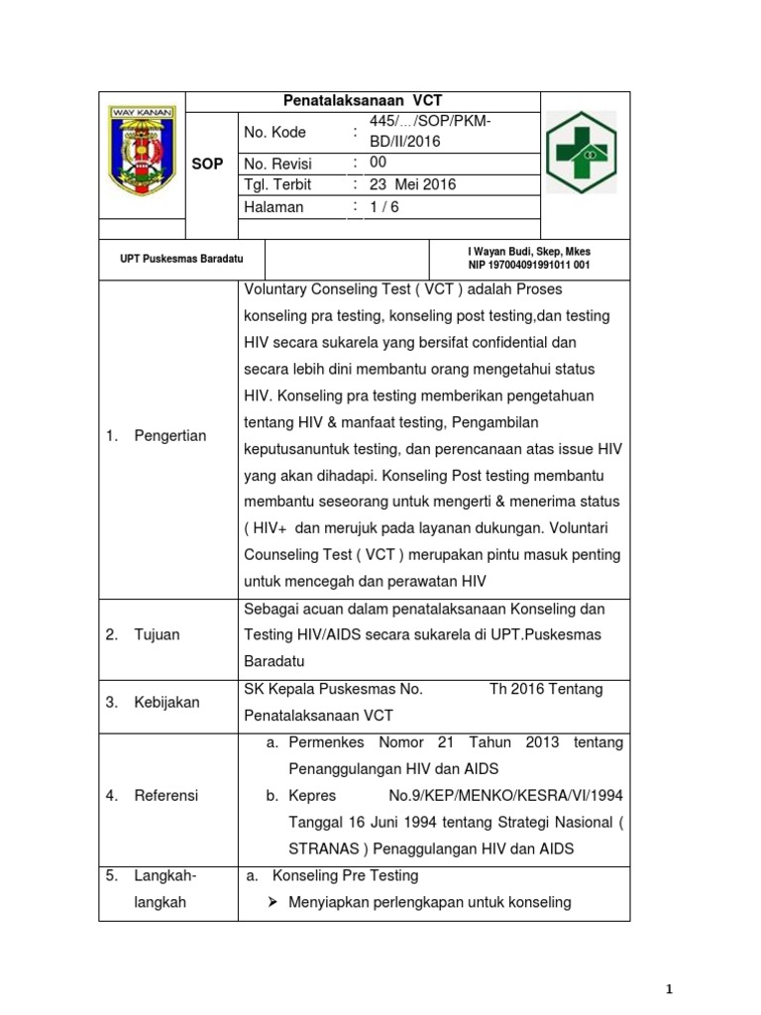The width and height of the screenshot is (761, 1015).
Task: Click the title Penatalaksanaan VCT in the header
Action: click(x=363, y=101)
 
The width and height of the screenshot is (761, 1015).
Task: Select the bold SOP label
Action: click(x=207, y=164)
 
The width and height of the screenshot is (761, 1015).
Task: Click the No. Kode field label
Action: click(x=274, y=132)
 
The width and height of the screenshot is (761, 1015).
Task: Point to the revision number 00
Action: click(x=379, y=163)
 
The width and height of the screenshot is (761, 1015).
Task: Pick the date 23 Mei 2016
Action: click(x=412, y=184)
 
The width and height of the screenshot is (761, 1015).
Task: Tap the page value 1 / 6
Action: click(x=384, y=207)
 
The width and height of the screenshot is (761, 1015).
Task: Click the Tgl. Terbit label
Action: click(x=277, y=184)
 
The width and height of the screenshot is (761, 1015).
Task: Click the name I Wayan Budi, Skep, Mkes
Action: click(x=529, y=253)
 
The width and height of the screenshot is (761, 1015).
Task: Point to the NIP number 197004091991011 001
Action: click(x=529, y=266)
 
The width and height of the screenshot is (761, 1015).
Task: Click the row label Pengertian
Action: click(x=169, y=436)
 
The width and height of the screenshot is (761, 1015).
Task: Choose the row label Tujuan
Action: click(x=157, y=634)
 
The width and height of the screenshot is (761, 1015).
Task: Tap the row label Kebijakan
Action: click(x=166, y=702)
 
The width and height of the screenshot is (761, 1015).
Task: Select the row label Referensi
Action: click(x=166, y=795)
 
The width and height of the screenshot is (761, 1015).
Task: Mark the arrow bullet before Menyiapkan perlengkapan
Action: click(x=271, y=902)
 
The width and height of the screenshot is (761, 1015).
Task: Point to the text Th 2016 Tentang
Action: click(x=546, y=689)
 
